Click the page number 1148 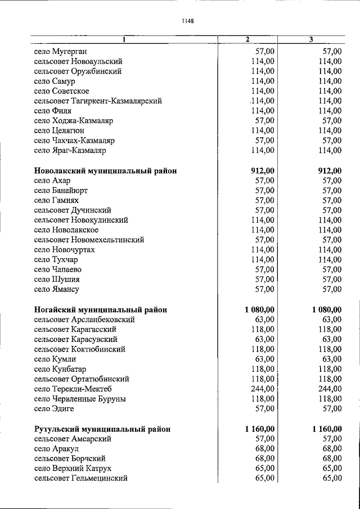click(x=188, y=21)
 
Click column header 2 click(x=247, y=39)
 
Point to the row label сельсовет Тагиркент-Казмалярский click(x=98, y=101)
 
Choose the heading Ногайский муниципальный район click(x=100, y=309)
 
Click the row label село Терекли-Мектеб click(x=73, y=389)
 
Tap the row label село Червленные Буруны click(x=80, y=399)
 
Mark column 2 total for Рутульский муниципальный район click(x=260, y=429)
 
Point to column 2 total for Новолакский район click(x=263, y=170)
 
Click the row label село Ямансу click(x=56, y=290)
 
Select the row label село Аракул click(x=56, y=448)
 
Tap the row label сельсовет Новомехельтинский click(x=89, y=240)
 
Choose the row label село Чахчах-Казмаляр click(x=74, y=141)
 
